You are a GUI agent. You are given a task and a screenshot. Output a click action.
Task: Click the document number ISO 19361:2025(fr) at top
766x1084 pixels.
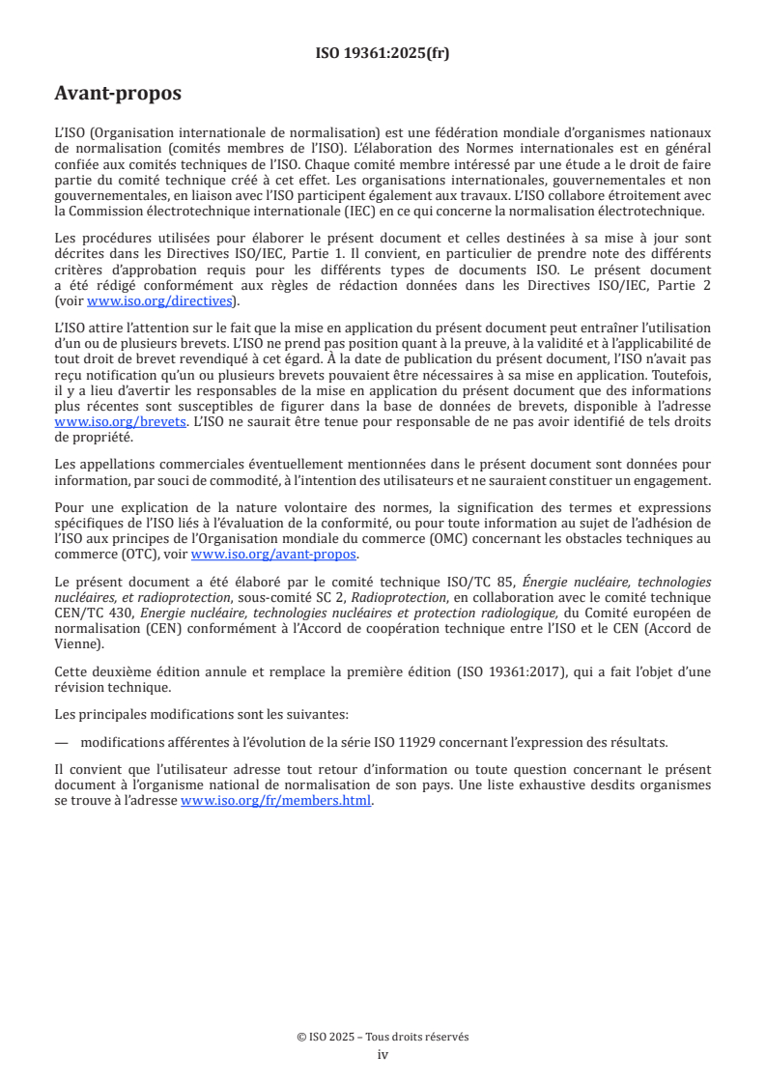383,53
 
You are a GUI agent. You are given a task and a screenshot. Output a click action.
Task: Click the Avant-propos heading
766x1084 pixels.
118,94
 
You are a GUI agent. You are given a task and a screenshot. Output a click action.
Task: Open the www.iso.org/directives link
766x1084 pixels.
160,300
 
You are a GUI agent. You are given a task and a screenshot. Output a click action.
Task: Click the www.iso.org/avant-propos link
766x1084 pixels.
274,554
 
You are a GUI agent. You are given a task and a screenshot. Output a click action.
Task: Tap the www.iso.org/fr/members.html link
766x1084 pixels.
276,801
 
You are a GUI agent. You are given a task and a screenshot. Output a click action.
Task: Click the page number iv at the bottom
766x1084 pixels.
383,1054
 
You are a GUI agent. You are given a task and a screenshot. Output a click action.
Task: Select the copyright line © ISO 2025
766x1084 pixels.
383,1036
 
